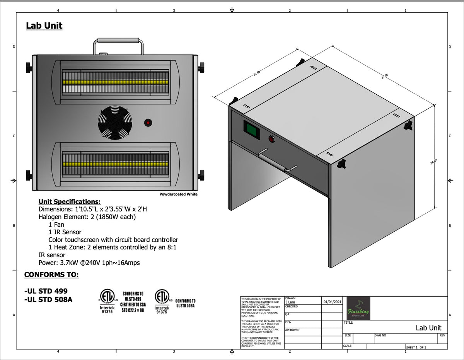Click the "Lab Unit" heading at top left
(x=44, y=26)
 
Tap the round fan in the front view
(x=115, y=123)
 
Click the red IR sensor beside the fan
(x=148, y=123)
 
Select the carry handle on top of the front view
(x=119, y=40)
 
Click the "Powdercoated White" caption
(x=178, y=194)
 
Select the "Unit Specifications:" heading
(x=69, y=201)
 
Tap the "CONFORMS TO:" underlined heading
(x=51, y=275)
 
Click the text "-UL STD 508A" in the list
(x=48, y=299)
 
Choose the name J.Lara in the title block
(x=290, y=302)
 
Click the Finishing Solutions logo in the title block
(x=358, y=308)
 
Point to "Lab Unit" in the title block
(x=428, y=328)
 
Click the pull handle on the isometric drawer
(x=278, y=159)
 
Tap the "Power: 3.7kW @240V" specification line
(x=89, y=263)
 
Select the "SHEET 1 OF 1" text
(x=416, y=347)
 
